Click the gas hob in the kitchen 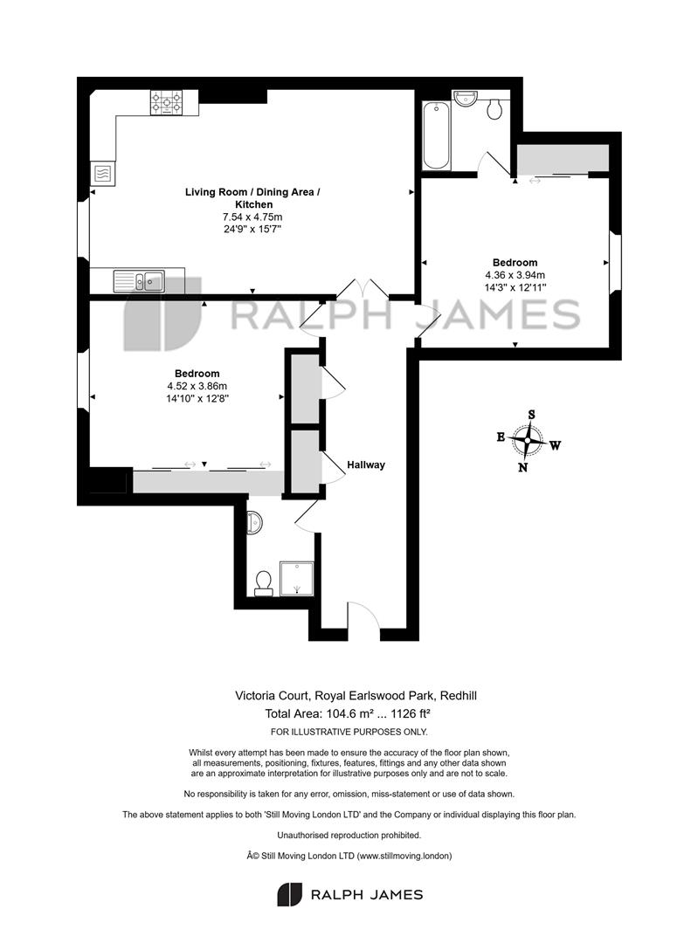pos(166,103)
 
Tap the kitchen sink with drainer pos(139,281)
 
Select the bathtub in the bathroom pos(436,136)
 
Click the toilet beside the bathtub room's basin pos(494,109)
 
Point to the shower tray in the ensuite pos(297,579)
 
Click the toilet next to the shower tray pos(263,582)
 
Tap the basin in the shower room pos(254,523)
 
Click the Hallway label pos(366,465)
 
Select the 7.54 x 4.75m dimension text pos(252,217)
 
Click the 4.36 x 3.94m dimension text pos(515,275)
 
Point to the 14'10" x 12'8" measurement pos(197,398)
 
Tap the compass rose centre pos(528,441)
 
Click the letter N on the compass pos(523,467)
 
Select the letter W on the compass pos(556,445)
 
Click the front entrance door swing pos(363,615)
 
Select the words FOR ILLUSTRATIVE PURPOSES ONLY pos(349,732)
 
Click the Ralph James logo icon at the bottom pos(289,894)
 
